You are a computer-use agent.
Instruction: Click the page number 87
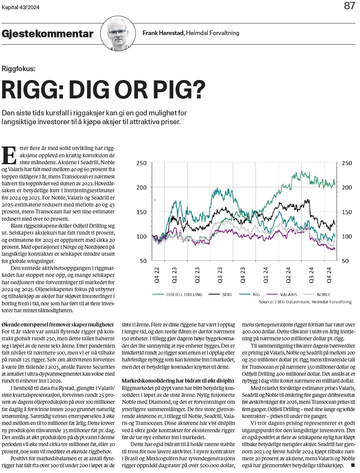tap(349, 6)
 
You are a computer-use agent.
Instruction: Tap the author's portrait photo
tap(118, 33)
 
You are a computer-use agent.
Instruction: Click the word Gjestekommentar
tap(47, 34)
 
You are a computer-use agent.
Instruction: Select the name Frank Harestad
tap(163, 33)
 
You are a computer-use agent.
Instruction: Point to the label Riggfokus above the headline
tap(18, 69)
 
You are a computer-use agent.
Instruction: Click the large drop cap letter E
tap(9, 155)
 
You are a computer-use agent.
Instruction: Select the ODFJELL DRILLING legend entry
tap(178, 295)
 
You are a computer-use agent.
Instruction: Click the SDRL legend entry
tap(221, 295)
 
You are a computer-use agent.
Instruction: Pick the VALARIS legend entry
tap(282, 295)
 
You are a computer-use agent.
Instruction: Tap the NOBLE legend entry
tap(317, 295)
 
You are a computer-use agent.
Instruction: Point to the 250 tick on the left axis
tap(141, 163)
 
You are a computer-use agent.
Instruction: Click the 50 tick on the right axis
tap(345, 261)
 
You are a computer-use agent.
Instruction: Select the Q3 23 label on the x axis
tap(220, 275)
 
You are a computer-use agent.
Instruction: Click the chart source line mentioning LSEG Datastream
tap(305, 302)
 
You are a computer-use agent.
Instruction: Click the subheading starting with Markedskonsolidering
tap(178, 381)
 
